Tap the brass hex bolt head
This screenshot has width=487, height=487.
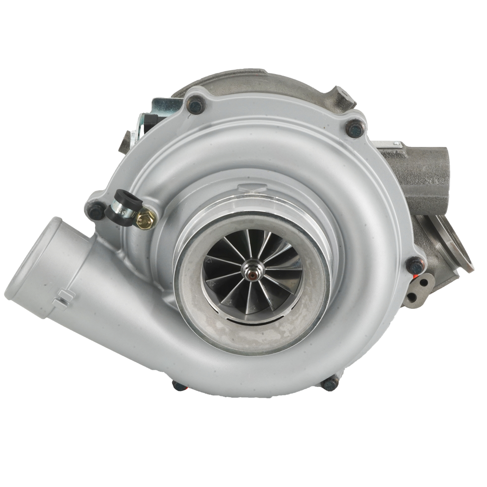pos(146,220)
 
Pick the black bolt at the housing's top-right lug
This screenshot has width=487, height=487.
pos(355,128)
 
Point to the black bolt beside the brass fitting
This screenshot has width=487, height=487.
pos(96,210)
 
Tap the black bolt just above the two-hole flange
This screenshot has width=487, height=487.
pos(415,266)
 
